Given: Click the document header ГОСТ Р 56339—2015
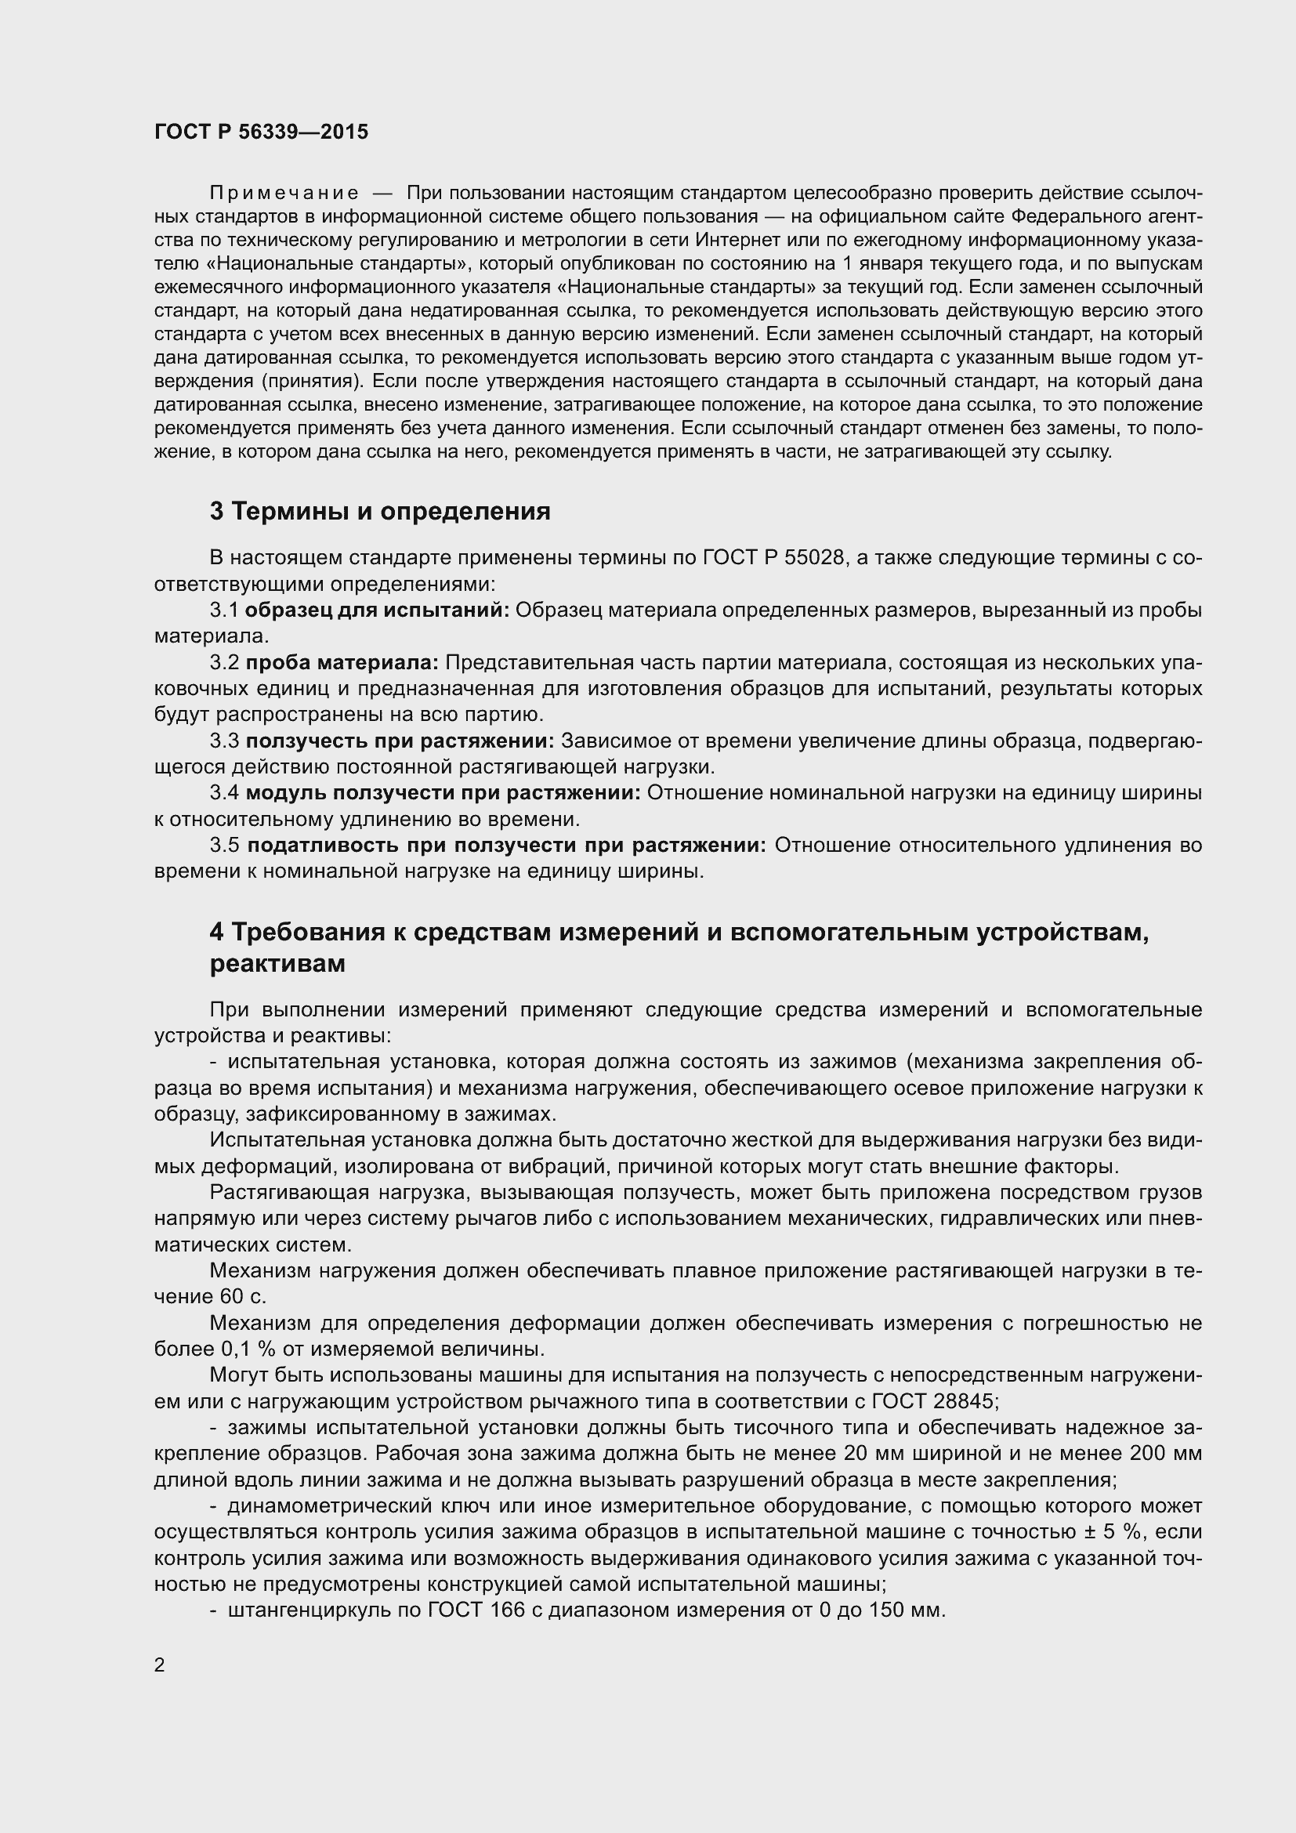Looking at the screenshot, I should [261, 132].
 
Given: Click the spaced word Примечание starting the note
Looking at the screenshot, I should [284, 194].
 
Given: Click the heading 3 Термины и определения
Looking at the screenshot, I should [380, 511].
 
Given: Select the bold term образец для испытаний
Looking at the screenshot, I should [377, 610].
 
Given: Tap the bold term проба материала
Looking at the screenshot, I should [342, 663].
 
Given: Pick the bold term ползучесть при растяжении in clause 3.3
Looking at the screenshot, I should [399, 741].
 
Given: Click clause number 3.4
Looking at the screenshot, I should [224, 793].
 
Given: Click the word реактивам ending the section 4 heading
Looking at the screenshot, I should [277, 964].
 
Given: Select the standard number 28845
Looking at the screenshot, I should [967, 1401].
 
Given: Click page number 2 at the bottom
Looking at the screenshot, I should [160, 1665].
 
